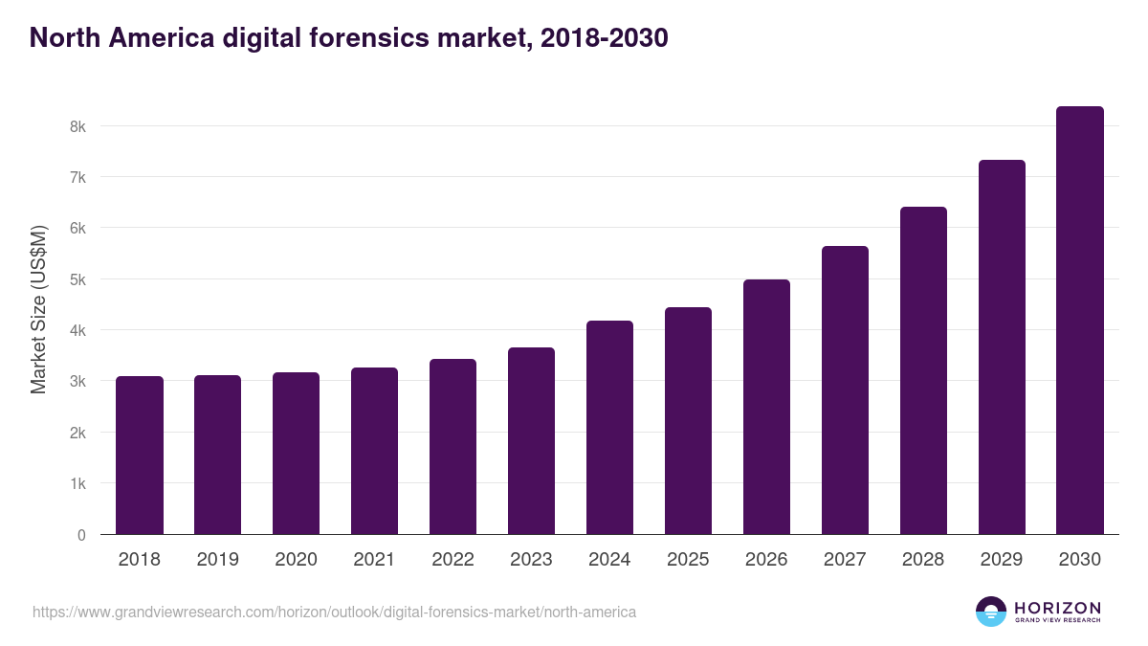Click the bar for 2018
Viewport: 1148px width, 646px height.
140,456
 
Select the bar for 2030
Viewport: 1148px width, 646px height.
1080,321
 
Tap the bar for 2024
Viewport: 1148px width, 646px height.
609,428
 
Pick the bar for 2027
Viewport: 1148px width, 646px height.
845,390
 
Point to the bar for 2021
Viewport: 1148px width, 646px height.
374,451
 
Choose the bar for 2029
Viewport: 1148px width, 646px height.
1002,347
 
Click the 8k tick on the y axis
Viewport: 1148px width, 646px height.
77,126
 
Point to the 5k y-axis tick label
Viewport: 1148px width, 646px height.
77,279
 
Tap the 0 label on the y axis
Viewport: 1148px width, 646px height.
81,535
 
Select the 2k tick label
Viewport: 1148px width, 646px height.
77,433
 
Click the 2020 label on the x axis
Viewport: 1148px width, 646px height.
296,560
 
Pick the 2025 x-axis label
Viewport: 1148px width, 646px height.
688,560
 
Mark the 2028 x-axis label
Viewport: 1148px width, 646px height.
923,560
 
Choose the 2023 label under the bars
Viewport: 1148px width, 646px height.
531,560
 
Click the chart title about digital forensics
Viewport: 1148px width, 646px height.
348,38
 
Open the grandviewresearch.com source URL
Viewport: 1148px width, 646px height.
334,612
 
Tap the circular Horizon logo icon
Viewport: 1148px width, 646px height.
991,612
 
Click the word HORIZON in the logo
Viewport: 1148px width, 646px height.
1057,608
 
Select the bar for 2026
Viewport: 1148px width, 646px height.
766,407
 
